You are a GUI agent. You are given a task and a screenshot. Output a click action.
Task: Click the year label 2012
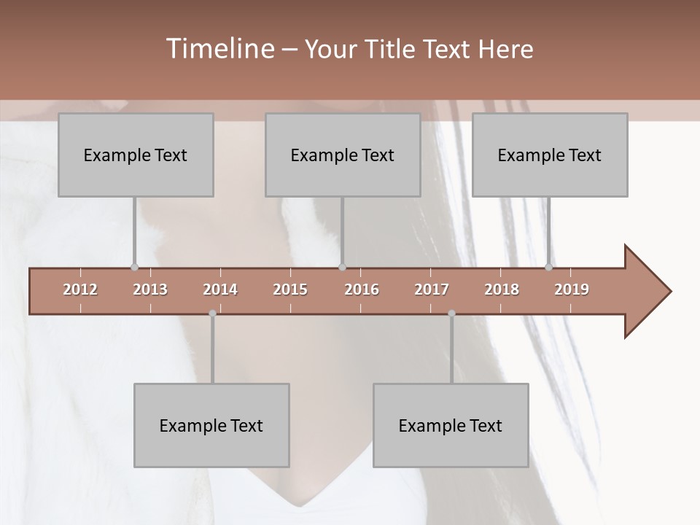tap(80, 289)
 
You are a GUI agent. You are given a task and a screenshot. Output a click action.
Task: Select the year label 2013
tap(150, 289)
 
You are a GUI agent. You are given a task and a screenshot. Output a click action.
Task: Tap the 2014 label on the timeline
tap(220, 289)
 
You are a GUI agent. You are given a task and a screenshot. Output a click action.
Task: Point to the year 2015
tap(290, 289)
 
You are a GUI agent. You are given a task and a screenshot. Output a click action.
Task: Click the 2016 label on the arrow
tap(362, 289)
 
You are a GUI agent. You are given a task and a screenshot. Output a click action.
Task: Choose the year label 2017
tap(432, 289)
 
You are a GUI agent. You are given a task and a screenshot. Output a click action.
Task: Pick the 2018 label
tap(502, 289)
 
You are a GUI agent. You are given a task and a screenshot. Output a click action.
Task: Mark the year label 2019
tap(572, 289)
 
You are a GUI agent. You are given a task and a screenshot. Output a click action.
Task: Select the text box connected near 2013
tap(136, 155)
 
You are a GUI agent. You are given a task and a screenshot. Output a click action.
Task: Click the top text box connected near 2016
tap(343, 155)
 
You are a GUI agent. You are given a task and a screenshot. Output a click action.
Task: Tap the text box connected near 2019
tap(550, 155)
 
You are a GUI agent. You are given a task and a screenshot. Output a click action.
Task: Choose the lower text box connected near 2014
tap(211, 426)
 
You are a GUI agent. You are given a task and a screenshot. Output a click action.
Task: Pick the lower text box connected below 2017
tap(451, 426)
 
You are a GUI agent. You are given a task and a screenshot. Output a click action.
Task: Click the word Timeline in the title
tap(219, 49)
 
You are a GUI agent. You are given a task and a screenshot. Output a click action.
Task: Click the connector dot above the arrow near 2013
tap(134, 267)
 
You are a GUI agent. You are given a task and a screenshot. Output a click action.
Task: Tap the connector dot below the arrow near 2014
tap(212, 314)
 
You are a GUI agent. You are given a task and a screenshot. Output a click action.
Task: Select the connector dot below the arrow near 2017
tap(451, 314)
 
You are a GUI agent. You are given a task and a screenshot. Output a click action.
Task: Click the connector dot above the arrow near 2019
tap(548, 267)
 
